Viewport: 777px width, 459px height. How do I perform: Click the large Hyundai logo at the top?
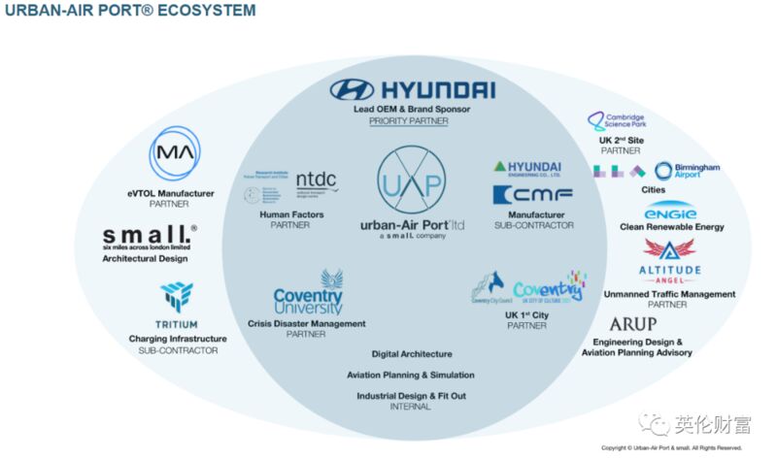412,91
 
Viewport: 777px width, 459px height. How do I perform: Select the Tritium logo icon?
177,297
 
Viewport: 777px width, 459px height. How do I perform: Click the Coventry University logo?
308,290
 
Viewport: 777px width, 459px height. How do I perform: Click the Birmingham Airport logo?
686,172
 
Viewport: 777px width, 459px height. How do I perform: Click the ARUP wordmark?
632,324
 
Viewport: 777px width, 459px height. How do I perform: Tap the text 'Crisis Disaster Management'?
306,323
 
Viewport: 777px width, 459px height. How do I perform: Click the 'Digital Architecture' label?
411,353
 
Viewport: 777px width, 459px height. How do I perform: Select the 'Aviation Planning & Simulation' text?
411,375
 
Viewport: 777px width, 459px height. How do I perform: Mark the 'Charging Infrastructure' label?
177,339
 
